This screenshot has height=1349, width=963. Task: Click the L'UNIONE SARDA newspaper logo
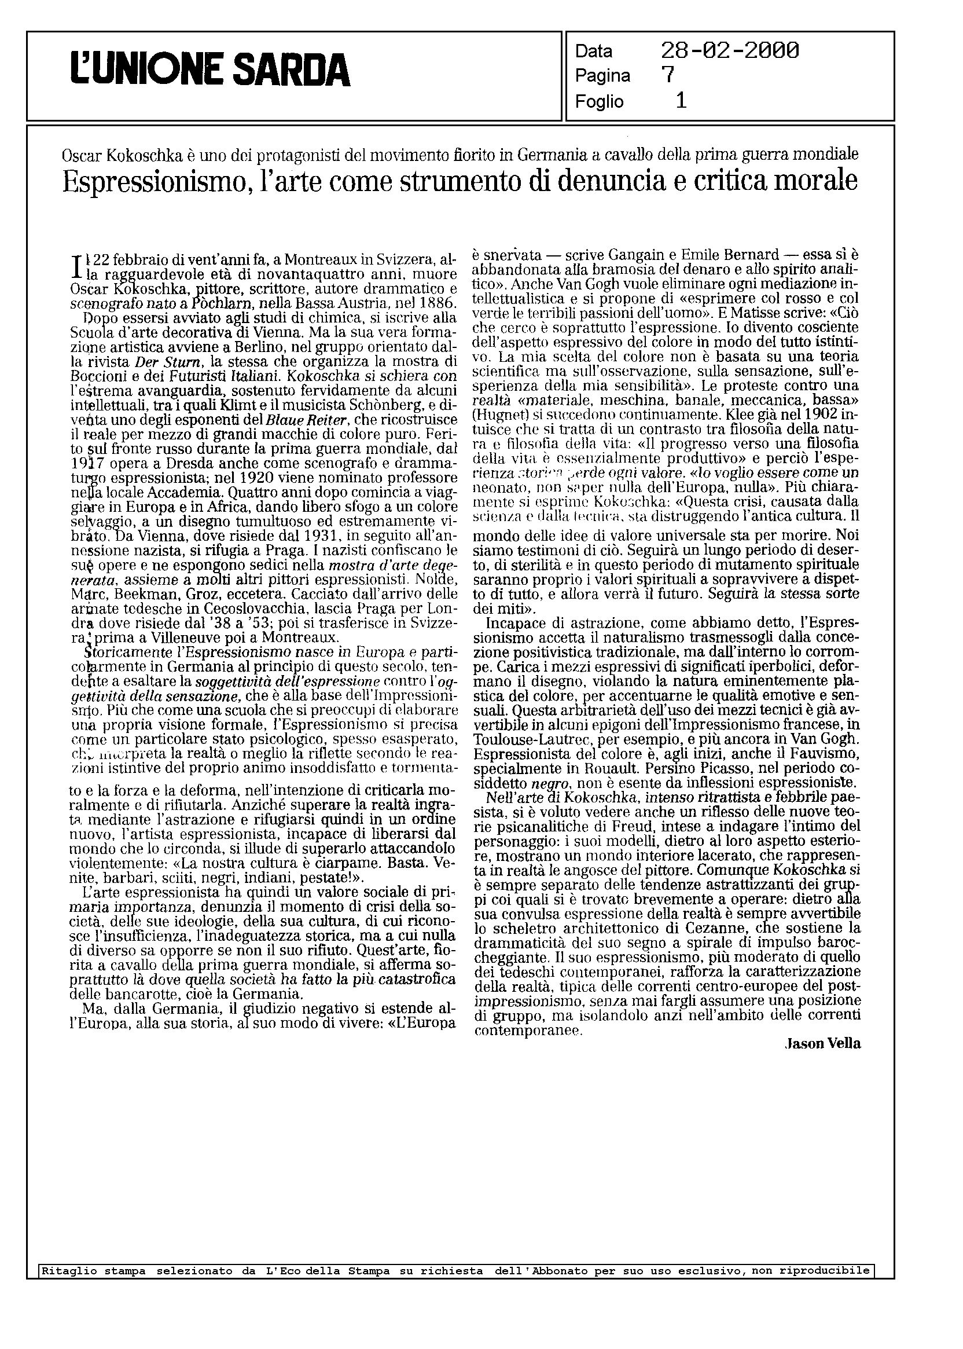(211, 70)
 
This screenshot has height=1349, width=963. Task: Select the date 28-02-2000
(729, 51)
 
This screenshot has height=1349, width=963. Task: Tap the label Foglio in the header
(599, 102)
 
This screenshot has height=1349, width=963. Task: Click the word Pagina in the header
(602, 76)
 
